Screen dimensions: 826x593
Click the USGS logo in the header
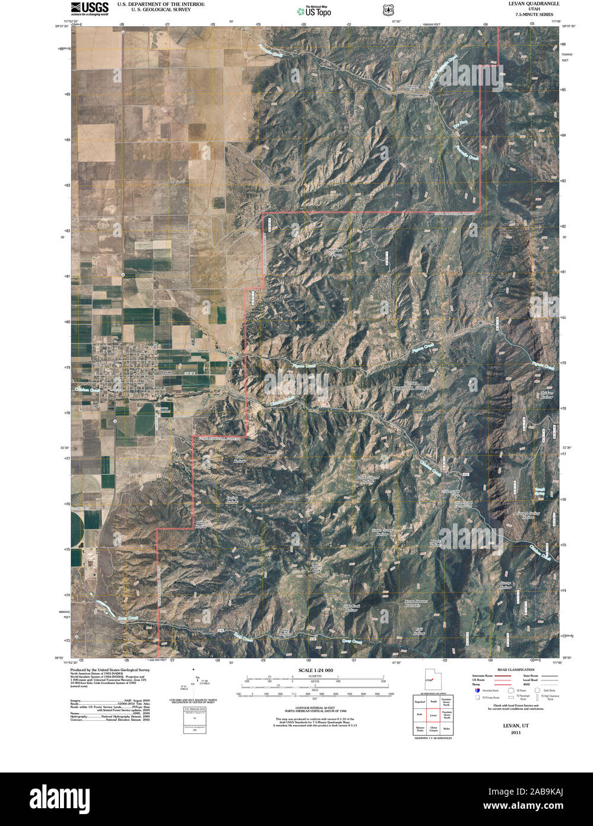coord(90,8)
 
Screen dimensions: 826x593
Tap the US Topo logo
coord(315,10)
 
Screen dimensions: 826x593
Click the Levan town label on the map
coord(166,371)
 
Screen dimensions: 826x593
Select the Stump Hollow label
coord(505,584)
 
